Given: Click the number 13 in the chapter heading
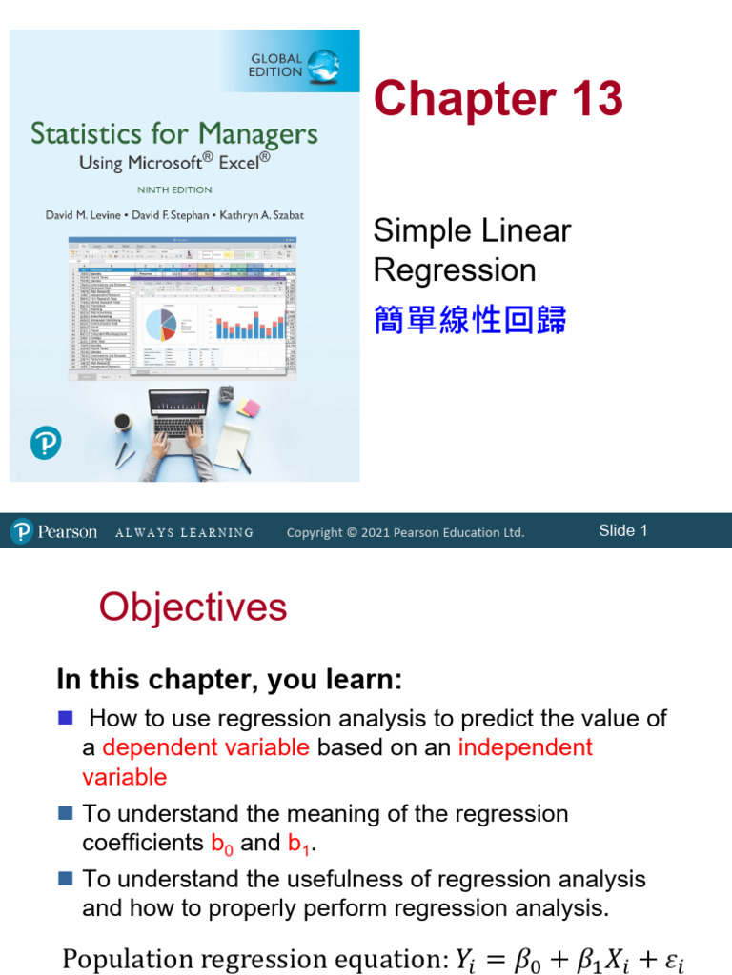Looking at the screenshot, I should click(x=592, y=100).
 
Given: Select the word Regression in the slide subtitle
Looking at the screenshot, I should click(x=455, y=270).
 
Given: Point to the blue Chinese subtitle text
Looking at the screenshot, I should click(x=470, y=321).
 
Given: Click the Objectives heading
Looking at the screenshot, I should click(x=193, y=607).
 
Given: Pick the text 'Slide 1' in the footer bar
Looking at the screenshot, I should click(x=622, y=531).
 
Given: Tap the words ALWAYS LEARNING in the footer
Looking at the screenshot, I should click(x=184, y=533).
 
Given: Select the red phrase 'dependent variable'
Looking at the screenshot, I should click(x=206, y=747).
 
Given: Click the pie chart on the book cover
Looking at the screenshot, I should click(x=163, y=324).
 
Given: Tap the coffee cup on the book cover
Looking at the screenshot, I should click(x=123, y=423).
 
